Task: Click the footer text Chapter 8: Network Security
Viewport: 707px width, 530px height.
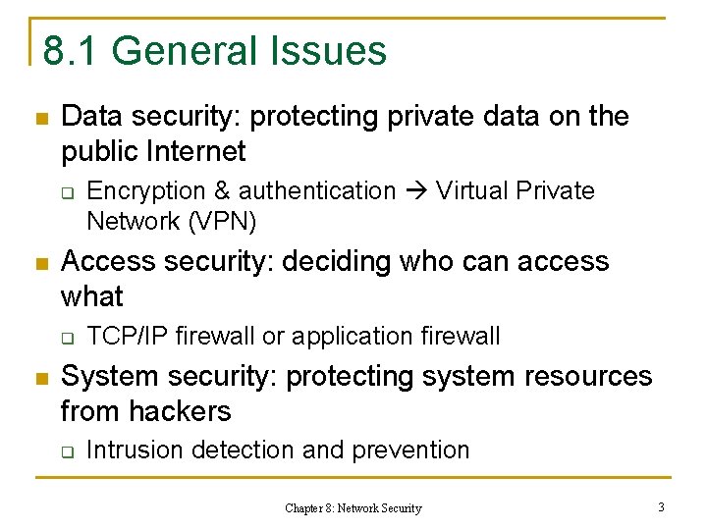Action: (x=353, y=508)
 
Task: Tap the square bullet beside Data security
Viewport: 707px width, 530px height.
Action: (x=40, y=118)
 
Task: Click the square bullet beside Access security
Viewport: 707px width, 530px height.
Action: (x=40, y=263)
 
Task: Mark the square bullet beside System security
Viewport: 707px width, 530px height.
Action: (x=40, y=377)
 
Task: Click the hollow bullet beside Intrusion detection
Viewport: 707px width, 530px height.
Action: (x=67, y=451)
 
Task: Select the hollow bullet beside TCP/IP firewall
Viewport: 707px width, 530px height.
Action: (x=67, y=338)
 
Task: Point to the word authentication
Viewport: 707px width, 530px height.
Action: (x=316, y=190)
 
